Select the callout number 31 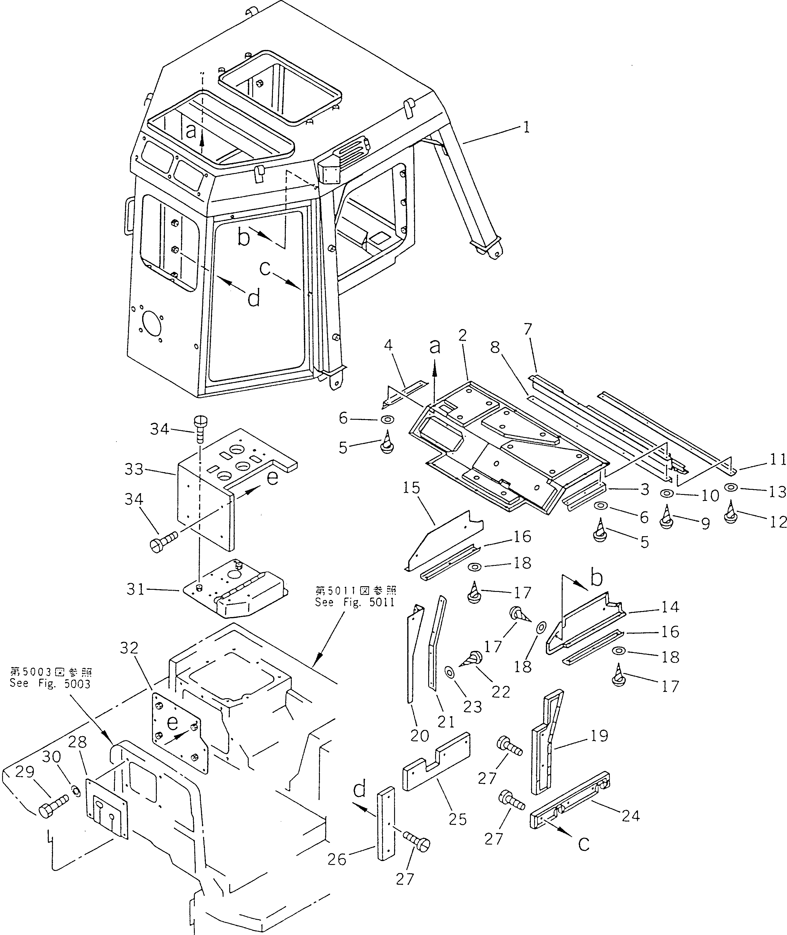coord(136,589)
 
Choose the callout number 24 coord(630,816)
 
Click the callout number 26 coord(337,859)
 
